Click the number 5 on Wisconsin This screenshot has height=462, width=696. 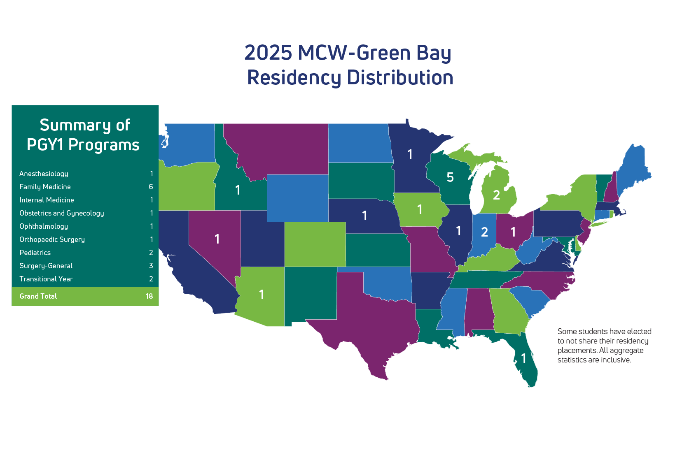coord(450,177)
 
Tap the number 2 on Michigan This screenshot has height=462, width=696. coord(496,195)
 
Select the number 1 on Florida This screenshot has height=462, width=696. coord(523,358)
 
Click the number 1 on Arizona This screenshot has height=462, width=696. coord(262,295)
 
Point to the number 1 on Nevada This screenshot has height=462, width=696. coord(217,239)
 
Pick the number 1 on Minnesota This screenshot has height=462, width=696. coord(410,154)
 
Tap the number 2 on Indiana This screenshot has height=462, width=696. coord(484,232)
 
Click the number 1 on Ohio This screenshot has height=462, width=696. coord(513,232)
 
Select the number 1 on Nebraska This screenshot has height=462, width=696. coord(364,216)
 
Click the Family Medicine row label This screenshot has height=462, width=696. coord(45,187)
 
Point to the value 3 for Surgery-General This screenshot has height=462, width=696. coord(151,266)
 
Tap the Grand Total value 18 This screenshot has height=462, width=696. coord(149,296)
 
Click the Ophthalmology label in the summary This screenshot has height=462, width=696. coord(44,226)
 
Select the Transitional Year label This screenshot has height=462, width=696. coord(46,279)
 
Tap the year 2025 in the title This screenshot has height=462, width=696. coord(268,53)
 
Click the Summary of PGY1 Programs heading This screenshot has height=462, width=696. coord(84,135)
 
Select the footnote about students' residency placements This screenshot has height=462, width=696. coord(604,346)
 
